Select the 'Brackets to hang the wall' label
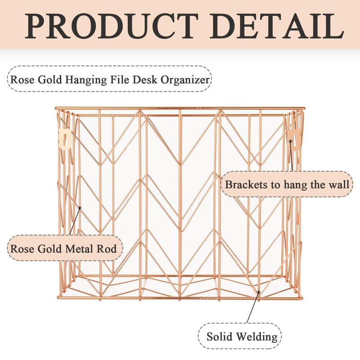tap(287, 184)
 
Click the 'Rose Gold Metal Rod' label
tap(64, 248)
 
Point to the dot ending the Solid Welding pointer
tap(259, 292)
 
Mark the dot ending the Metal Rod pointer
tap(80, 207)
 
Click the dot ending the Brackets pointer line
tap(291, 141)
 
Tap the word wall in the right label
tap(337, 184)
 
